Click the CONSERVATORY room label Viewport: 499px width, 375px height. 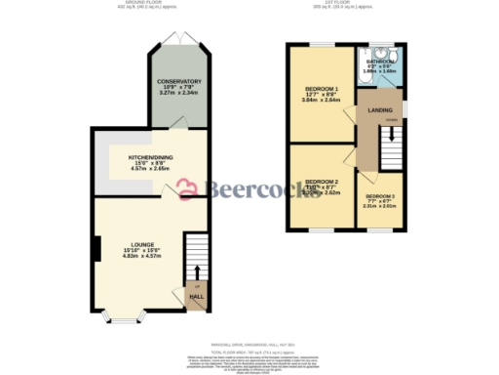(x=178, y=81)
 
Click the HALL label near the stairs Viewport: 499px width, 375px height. (x=195, y=296)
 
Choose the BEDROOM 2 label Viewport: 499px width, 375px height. (x=321, y=182)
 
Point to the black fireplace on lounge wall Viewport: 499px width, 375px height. (x=96, y=251)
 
